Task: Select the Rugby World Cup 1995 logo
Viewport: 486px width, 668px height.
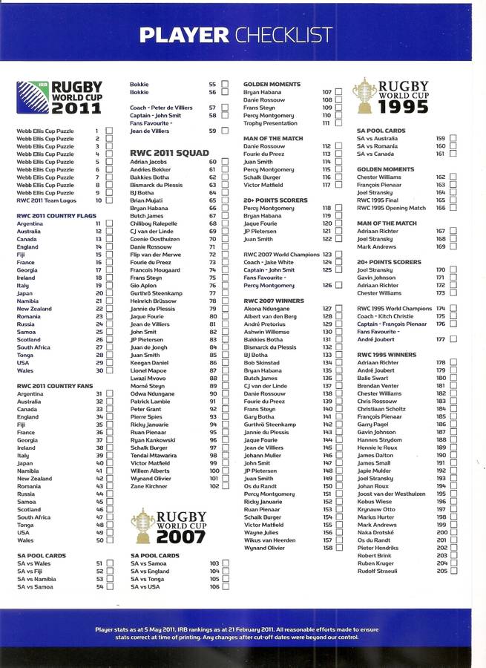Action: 392,96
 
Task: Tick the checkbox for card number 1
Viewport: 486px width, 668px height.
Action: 109,131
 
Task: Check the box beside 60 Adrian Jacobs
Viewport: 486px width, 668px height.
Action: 224,162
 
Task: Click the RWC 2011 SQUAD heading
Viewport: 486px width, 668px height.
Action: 169,152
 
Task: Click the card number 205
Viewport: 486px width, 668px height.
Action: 441,571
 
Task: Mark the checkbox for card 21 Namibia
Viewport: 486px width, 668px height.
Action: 109,301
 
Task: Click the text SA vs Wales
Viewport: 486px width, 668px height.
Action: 33,563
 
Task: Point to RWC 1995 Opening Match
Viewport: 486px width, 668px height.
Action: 391,208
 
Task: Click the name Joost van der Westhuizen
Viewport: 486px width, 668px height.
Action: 391,494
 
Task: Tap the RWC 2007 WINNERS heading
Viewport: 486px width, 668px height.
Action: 271,300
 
